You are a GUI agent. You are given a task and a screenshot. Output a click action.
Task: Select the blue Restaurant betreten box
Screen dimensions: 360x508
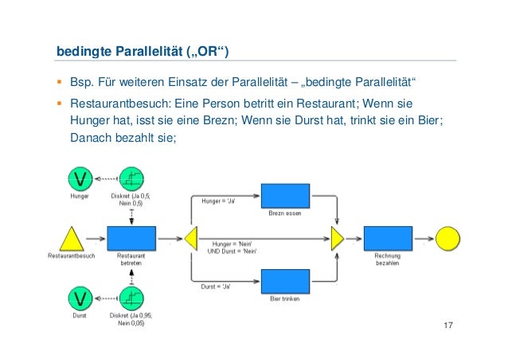[131, 237]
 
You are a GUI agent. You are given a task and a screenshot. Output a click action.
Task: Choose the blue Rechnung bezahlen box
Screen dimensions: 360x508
[388, 237]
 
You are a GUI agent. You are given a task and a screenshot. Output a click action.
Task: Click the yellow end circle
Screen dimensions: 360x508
[447, 237]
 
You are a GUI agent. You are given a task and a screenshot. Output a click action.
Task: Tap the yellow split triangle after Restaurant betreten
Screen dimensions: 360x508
[190, 237]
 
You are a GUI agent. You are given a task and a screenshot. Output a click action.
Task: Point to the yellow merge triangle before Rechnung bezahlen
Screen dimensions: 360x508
[338, 237]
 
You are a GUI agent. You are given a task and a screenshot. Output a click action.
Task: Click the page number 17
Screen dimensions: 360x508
[451, 327]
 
